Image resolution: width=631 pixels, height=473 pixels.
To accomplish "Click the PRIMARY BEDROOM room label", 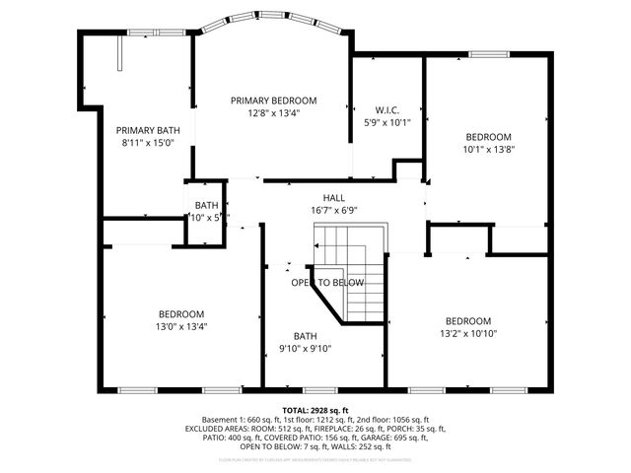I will (273, 101).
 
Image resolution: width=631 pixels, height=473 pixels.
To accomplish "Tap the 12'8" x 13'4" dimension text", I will (273, 112).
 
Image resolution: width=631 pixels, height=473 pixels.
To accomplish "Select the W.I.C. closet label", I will (386, 109).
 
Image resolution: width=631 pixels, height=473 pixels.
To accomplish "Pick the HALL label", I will (320, 198).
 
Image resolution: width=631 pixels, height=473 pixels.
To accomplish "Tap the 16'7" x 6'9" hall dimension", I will (320, 210).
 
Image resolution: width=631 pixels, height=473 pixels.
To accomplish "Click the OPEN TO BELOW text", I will (327, 283).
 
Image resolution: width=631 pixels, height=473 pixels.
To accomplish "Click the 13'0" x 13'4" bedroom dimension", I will (180, 326).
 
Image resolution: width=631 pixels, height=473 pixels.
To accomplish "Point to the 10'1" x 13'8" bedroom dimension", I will (489, 149).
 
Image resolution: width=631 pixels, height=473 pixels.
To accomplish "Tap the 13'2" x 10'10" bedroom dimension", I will (468, 333).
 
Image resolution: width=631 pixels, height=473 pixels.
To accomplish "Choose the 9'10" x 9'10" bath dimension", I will (305, 347).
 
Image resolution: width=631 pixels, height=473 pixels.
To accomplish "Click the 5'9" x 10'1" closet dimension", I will (386, 122).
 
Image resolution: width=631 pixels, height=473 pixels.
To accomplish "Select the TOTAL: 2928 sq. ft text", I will (315, 410).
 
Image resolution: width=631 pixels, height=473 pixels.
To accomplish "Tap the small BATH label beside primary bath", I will (206, 204).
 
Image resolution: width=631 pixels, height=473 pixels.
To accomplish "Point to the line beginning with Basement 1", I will (315, 420).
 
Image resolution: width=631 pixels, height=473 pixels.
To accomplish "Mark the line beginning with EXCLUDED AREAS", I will (315, 429).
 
